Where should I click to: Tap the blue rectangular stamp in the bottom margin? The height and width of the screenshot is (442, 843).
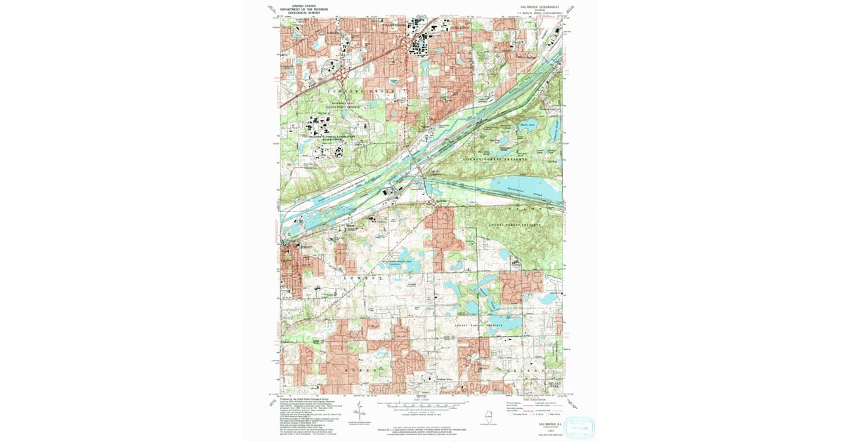coord(575,427)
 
